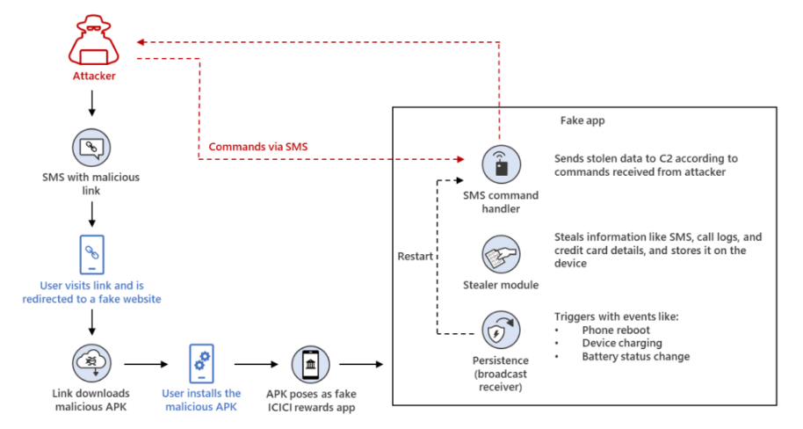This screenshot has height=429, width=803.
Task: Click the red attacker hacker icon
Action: coord(94,40)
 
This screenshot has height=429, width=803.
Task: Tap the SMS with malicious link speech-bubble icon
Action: coord(91,148)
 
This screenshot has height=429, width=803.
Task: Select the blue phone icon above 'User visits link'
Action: coord(92,255)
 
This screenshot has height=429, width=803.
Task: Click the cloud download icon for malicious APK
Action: coord(91,363)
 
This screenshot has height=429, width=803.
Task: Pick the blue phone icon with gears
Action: coord(202,363)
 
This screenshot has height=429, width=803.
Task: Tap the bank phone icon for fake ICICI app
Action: coord(311,365)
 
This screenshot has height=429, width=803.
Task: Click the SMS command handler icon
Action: coord(502,164)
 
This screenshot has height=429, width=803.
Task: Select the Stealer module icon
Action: coord(502,255)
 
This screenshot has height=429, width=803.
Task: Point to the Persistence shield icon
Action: coord(502,330)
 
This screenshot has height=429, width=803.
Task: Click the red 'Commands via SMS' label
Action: coord(258,147)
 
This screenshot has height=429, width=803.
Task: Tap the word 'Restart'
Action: coord(416,257)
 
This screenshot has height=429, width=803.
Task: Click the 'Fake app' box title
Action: coord(582,120)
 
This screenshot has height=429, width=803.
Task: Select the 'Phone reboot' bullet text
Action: coord(616,330)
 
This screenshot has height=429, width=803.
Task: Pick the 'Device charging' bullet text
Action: coord(622,343)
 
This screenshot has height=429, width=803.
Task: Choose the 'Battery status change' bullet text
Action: coord(635,356)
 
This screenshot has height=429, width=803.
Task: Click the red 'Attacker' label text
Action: coord(94,76)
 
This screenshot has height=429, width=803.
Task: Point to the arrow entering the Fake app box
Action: coord(361,365)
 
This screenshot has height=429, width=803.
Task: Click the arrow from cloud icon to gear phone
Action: coord(147,365)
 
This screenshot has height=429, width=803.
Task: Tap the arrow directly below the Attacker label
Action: coord(92,104)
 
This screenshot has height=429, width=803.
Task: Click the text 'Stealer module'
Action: coord(501,285)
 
